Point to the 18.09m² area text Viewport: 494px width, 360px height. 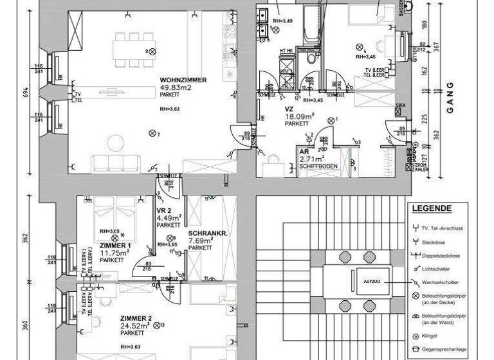pos(300,116)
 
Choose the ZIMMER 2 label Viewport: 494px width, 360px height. pos(136,318)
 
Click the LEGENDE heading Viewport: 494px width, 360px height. pos(432,209)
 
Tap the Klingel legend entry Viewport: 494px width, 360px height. pos(430,337)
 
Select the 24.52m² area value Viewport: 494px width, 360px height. pos(136,326)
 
